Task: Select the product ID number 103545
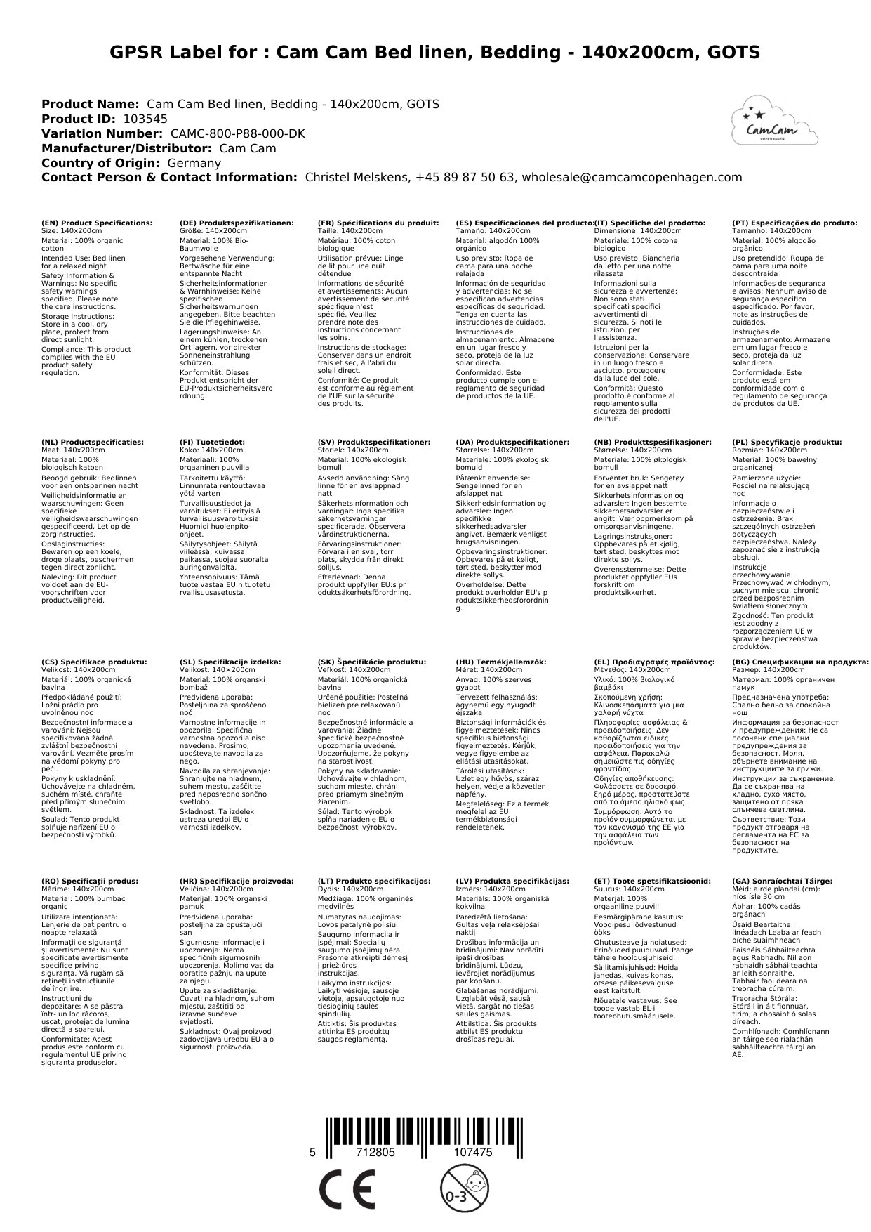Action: tap(145, 119)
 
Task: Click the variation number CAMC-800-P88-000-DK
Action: tap(238, 133)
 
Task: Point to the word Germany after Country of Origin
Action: tap(194, 163)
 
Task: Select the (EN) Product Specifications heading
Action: tap(97, 223)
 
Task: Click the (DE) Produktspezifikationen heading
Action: tap(237, 223)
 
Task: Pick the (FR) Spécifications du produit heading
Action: tap(378, 223)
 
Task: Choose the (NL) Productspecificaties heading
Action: tap(93, 443)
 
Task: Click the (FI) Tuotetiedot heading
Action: tap(213, 443)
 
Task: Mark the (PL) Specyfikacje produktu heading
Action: tap(787, 443)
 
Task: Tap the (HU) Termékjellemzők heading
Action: tap(500, 662)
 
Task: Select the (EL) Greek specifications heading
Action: tap(654, 662)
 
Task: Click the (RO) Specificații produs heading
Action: tap(90, 881)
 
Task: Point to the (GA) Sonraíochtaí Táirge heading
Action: tap(782, 881)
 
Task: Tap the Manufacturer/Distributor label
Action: tap(126, 148)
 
